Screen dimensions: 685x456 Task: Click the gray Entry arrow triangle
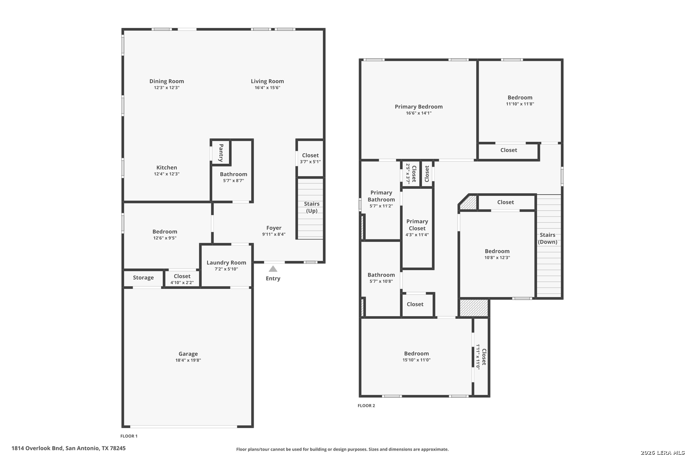tap(273, 269)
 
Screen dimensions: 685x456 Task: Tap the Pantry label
tap(221, 153)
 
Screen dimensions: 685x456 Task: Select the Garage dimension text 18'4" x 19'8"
tap(188, 361)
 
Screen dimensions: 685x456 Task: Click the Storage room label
tap(143, 278)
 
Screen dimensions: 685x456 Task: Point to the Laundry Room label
tap(226, 263)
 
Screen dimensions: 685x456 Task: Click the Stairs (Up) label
tap(312, 207)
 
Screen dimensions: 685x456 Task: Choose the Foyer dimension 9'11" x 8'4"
tap(274, 235)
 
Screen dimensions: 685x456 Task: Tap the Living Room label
tap(267, 81)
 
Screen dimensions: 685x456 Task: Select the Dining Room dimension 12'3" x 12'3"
tap(167, 88)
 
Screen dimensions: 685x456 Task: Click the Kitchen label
tap(167, 168)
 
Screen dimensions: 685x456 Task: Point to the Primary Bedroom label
tap(419, 106)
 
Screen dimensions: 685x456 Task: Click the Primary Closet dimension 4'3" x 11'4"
tap(417, 235)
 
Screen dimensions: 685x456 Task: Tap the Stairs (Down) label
tap(548, 239)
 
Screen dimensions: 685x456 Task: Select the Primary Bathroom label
tap(381, 196)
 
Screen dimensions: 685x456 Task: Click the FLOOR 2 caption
tap(366, 406)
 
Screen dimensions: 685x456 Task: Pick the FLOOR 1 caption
tap(129, 436)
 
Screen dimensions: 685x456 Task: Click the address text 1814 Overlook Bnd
tap(37, 448)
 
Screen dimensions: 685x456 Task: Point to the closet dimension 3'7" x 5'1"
tap(310, 162)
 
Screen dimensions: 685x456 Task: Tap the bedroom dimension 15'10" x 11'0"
tap(416, 360)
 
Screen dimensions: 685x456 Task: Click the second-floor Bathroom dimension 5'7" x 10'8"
tap(381, 281)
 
